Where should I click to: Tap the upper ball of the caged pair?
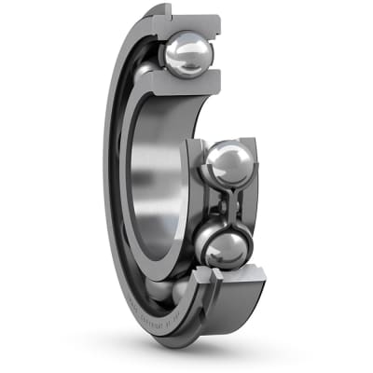(x=228, y=166)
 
